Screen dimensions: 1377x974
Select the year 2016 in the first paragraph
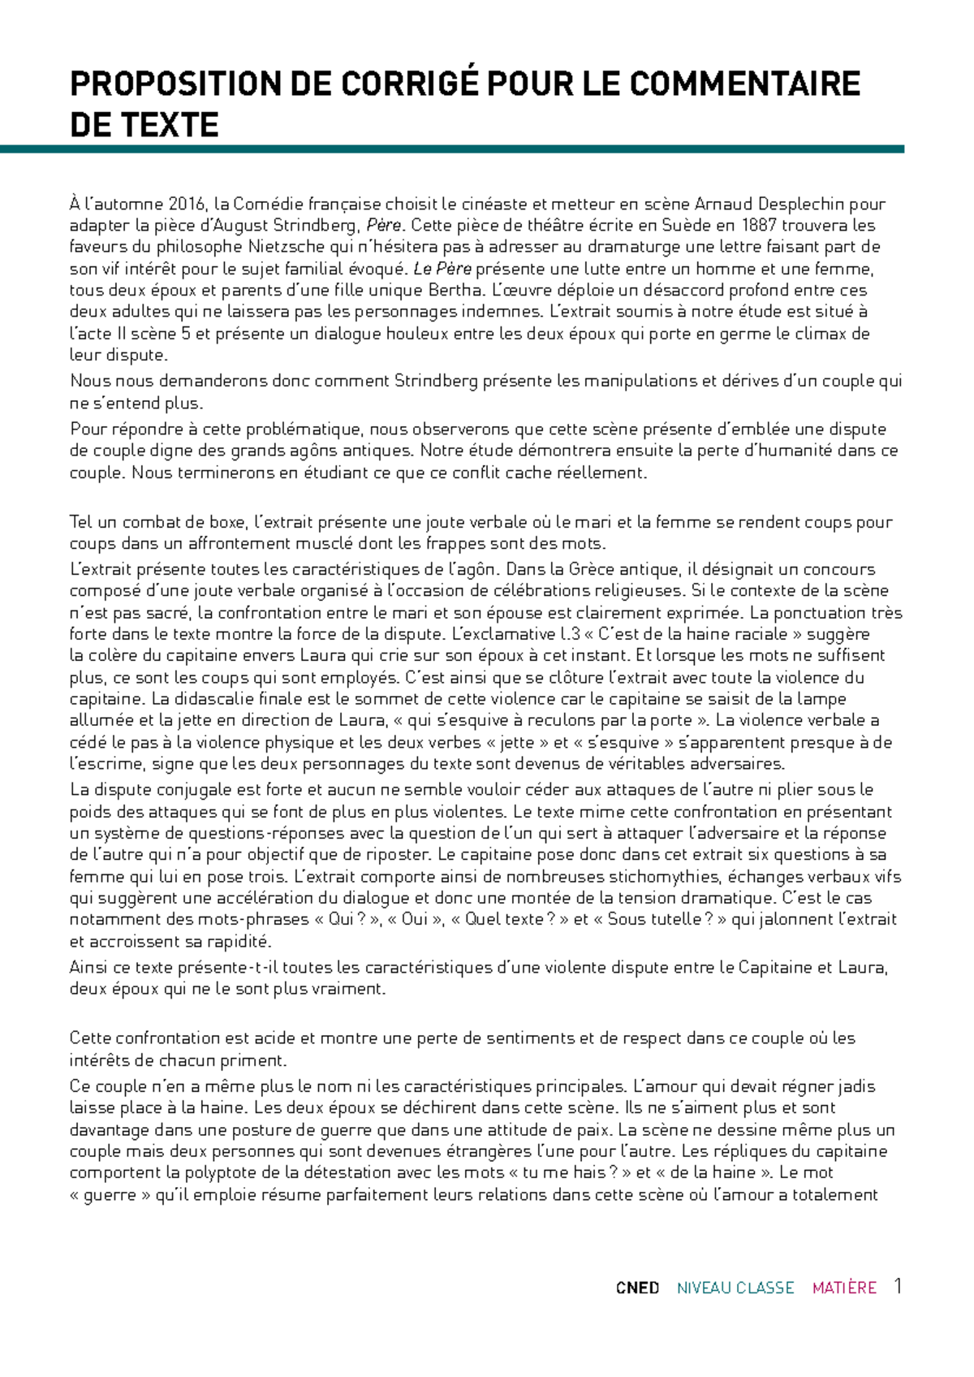[187, 204]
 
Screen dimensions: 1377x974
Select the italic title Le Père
[442, 269]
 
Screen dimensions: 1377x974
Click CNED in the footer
[637, 1289]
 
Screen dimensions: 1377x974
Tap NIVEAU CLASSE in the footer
[735, 1289]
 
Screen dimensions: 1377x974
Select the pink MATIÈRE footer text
[844, 1289]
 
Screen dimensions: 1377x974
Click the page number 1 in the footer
[898, 1287]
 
